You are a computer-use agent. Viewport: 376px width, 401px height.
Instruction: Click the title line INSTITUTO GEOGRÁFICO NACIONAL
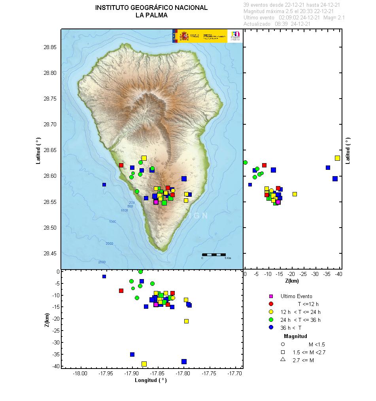pyautogui.click(x=151, y=8)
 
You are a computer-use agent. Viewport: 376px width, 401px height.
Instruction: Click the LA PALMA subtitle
pyautogui.click(x=151, y=15)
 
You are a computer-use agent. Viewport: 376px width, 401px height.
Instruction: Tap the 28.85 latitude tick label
pyautogui.click(x=50, y=47)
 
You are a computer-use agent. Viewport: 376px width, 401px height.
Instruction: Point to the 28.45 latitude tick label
pyautogui.click(x=50, y=253)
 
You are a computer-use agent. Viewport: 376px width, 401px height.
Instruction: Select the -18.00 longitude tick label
pyautogui.click(x=80, y=373)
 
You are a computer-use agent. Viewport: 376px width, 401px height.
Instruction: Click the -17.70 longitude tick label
pyautogui.click(x=236, y=373)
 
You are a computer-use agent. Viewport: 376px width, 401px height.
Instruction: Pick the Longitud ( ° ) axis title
pyautogui.click(x=151, y=380)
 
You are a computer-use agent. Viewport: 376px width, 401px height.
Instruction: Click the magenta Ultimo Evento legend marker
pyautogui.click(x=271, y=296)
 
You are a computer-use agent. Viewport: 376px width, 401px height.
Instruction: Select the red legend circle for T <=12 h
pyautogui.click(x=271, y=304)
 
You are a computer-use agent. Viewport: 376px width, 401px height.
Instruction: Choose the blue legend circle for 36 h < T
pyautogui.click(x=271, y=327)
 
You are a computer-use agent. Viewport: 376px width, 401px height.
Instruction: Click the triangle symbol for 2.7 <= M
pyautogui.click(x=283, y=359)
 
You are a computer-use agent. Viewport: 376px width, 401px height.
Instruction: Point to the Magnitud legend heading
pyautogui.click(x=295, y=336)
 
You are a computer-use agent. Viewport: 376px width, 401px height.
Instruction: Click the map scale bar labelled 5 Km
pyautogui.click(x=214, y=255)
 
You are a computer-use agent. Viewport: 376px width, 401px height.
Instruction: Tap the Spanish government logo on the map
pyautogui.click(x=200, y=36)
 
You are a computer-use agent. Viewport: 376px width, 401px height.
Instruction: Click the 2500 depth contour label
pyautogui.click(x=102, y=262)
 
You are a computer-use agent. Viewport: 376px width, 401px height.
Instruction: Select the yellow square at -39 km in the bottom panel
pyautogui.click(x=144, y=364)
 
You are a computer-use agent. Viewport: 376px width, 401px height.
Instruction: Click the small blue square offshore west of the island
pyautogui.click(x=104, y=184)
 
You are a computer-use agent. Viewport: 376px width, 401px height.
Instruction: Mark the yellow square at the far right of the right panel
pyautogui.click(x=337, y=158)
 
